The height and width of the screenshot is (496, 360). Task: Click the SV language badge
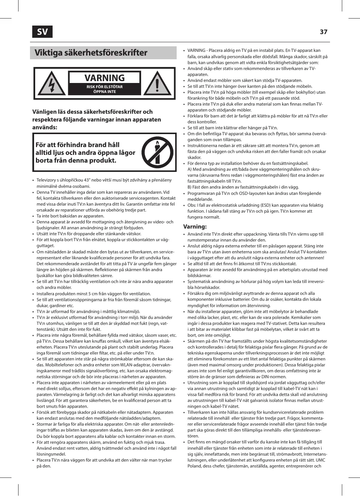[x=42, y=32]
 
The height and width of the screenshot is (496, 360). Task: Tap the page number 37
[x=323, y=32]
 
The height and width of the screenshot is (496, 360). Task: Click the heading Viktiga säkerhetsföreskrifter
[x=91, y=53]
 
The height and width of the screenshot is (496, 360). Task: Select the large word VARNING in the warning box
[x=104, y=78]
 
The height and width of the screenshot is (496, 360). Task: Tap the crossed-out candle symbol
[x=157, y=152]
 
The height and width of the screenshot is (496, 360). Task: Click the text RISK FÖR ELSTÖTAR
[x=104, y=87]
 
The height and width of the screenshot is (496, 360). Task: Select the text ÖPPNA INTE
[x=104, y=91]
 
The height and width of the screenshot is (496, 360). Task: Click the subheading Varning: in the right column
[x=195, y=226]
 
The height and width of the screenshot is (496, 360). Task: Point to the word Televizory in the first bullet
[x=46, y=180]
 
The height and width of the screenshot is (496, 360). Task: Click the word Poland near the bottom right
[x=195, y=466]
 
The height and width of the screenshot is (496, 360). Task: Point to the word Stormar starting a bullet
[x=44, y=424]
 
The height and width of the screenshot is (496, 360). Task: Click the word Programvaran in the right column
[x=201, y=193]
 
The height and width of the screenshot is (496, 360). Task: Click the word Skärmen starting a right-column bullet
[x=196, y=341]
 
